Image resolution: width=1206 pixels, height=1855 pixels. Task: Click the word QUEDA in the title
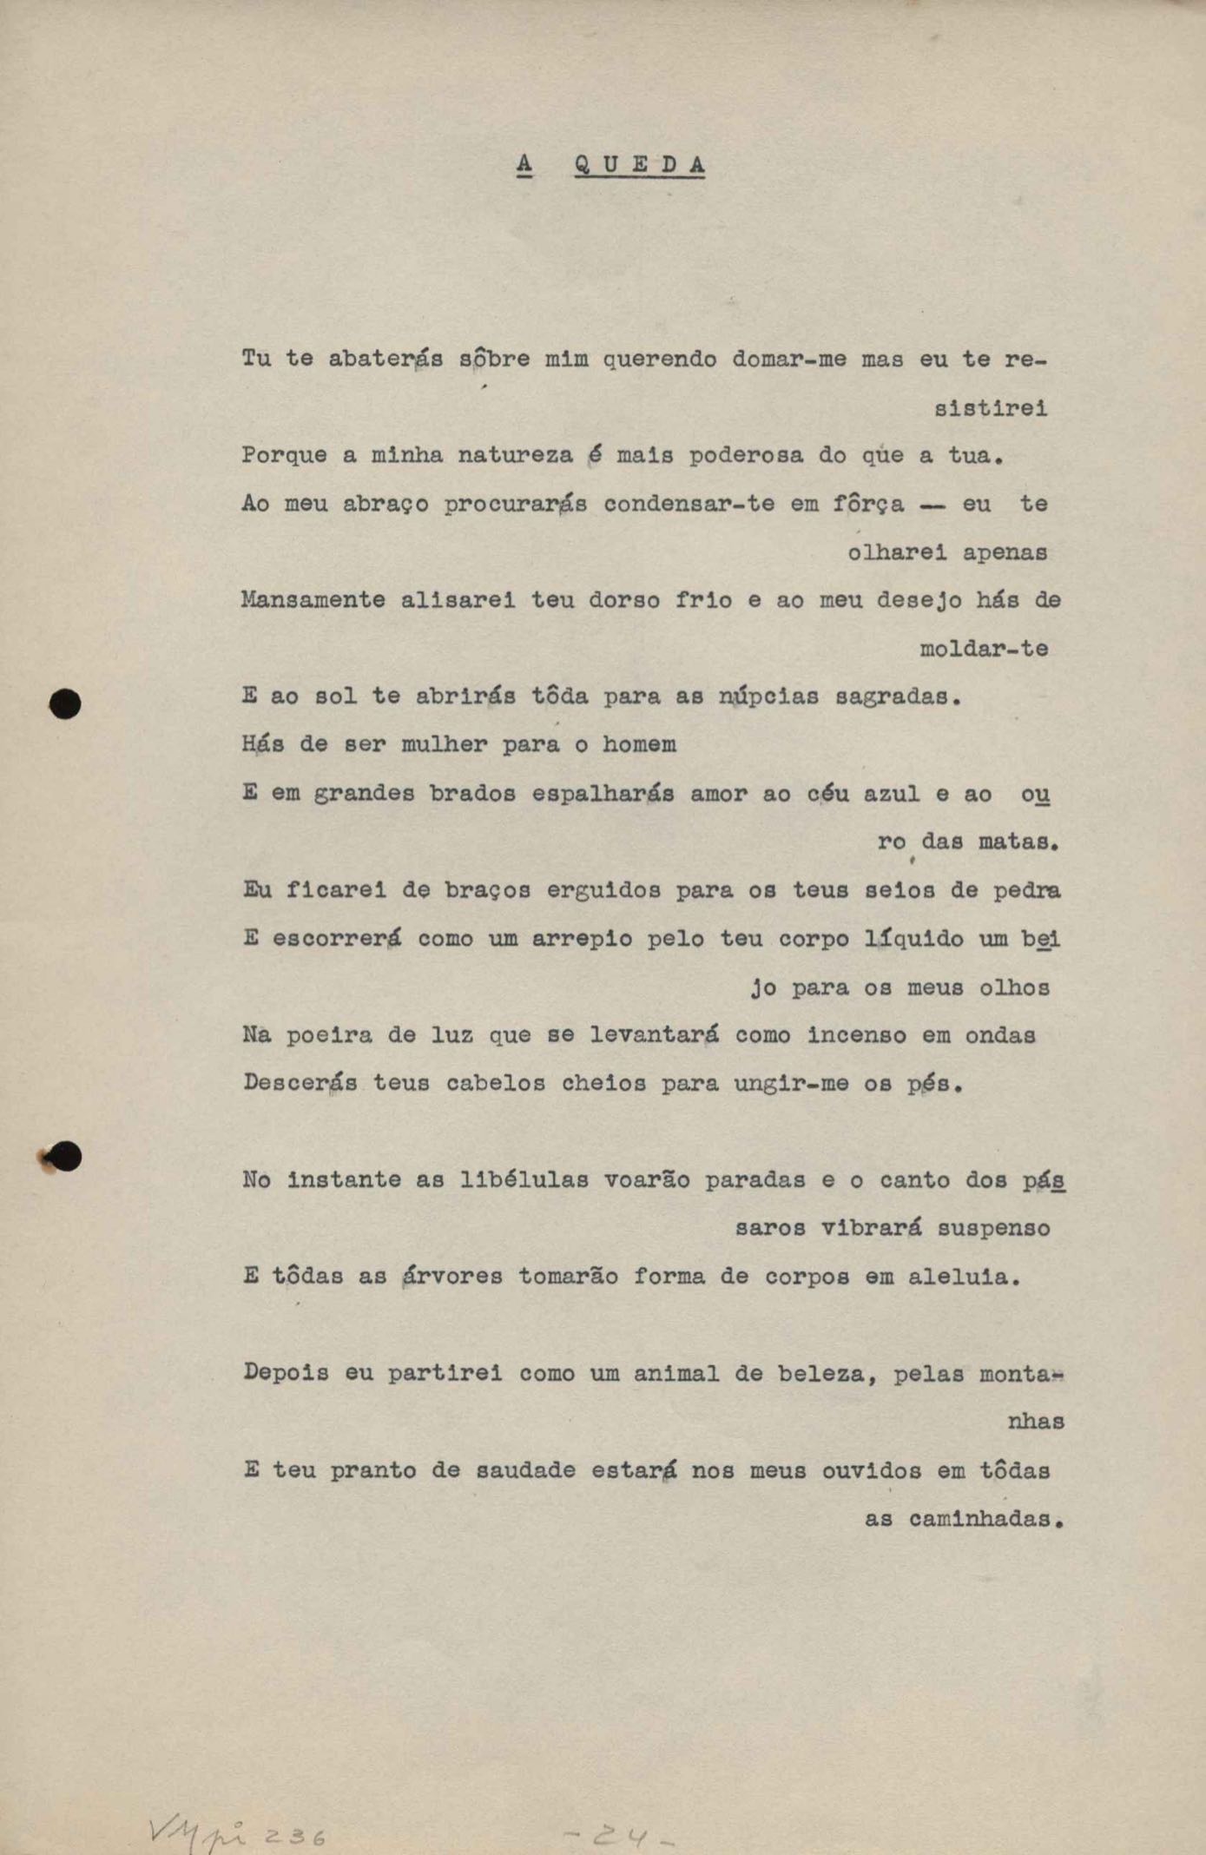point(639,164)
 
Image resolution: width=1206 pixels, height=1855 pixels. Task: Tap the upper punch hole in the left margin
point(65,703)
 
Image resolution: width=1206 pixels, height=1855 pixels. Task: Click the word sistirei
point(991,407)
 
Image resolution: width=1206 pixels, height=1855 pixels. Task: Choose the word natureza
point(515,455)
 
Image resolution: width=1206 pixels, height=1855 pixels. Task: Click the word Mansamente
point(313,599)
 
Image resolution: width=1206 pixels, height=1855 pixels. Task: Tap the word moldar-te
point(984,648)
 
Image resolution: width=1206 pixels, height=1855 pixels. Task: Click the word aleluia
point(964,1277)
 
